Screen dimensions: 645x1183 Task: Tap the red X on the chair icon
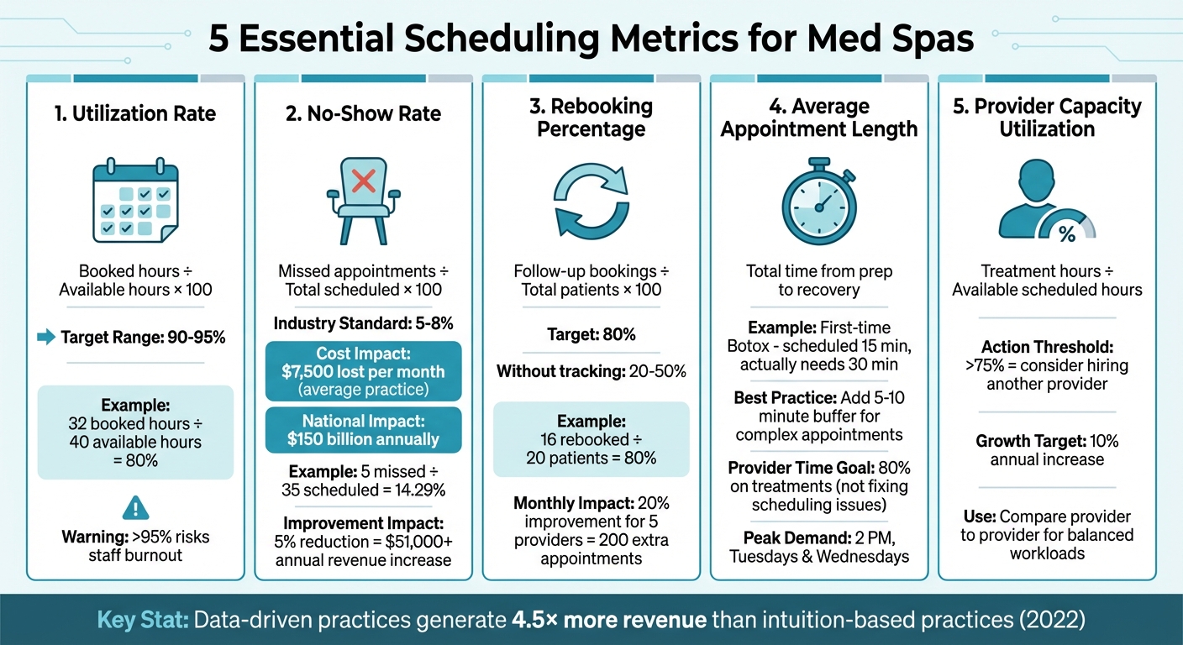tap(363, 180)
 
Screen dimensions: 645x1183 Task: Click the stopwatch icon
tap(818, 202)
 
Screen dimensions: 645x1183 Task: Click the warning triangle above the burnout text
tap(135, 507)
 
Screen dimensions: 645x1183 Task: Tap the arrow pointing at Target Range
tap(45, 338)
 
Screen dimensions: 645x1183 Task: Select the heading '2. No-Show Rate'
tap(363, 114)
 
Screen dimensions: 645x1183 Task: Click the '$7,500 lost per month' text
tap(363, 371)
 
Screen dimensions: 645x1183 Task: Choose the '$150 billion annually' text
tap(363, 438)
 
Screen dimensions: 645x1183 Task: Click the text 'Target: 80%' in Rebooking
tap(591, 334)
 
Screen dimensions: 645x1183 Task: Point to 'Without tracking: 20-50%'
tap(591, 371)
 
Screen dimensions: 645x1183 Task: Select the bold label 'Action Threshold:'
tap(1047, 347)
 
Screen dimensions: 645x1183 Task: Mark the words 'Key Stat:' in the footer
tap(142, 621)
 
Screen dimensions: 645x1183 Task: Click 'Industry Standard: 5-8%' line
tap(363, 324)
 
